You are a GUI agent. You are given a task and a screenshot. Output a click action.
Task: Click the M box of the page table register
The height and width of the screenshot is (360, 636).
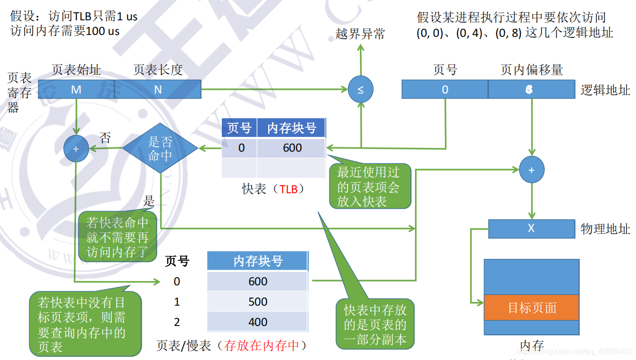[76, 89]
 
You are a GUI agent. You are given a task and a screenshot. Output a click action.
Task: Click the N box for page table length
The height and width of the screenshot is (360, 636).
[158, 89]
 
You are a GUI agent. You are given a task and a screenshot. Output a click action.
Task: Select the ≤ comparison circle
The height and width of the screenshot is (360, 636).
[360, 89]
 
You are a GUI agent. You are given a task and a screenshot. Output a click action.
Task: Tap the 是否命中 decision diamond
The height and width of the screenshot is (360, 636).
[160, 148]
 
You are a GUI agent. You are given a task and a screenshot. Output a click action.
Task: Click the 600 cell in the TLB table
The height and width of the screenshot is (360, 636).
[292, 148]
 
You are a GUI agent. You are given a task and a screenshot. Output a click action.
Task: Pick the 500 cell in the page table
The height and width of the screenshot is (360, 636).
[258, 301]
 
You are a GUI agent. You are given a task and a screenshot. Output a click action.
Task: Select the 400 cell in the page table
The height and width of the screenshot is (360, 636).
[258, 322]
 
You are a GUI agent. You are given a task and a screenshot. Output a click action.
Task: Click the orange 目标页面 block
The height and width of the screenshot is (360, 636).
[532, 308]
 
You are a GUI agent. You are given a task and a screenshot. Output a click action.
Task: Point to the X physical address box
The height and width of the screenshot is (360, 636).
[531, 228]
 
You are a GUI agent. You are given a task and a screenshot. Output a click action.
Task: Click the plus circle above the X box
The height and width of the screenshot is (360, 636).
[532, 170]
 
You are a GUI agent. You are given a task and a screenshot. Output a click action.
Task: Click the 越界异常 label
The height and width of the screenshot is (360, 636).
[360, 34]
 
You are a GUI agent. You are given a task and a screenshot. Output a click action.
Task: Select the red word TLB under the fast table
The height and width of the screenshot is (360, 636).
[288, 189]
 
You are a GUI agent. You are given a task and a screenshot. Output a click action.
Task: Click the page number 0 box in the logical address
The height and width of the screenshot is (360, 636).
[445, 89]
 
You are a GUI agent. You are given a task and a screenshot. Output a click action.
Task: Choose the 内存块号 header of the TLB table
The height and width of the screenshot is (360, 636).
[291, 128]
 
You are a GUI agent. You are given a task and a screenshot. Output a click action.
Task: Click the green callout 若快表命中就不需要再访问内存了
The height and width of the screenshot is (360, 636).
[118, 237]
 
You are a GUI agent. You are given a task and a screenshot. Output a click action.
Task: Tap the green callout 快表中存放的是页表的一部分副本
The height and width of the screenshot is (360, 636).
[375, 325]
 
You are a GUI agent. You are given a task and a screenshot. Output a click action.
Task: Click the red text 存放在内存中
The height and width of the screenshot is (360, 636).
[262, 346]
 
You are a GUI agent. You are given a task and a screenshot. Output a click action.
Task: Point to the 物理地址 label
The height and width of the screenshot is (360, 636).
[605, 229]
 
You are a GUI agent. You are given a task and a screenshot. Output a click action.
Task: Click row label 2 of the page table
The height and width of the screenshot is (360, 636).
[177, 322]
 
